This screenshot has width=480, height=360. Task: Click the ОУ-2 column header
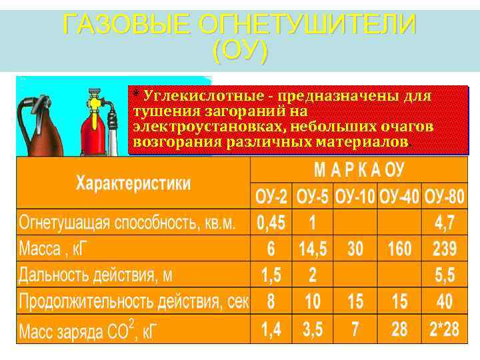[x=271, y=198]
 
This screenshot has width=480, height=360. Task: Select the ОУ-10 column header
[x=355, y=198]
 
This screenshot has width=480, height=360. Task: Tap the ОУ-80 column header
[x=444, y=198]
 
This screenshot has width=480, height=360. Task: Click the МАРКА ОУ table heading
[x=360, y=171]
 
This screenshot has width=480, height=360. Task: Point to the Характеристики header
[x=133, y=183]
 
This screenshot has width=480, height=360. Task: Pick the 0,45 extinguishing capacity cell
[x=271, y=222]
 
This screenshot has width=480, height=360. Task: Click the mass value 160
[x=399, y=249]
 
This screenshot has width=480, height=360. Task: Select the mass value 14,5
[x=313, y=249]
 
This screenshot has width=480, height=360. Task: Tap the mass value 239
[x=444, y=249]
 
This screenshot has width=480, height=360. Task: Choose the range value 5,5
[x=444, y=275]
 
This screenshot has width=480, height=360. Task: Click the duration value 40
[x=444, y=301]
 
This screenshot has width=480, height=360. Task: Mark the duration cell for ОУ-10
[x=355, y=301]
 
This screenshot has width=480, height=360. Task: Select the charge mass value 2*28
[x=444, y=329]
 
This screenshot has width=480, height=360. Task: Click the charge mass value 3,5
[x=313, y=329]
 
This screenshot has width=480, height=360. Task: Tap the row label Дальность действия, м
[x=95, y=275]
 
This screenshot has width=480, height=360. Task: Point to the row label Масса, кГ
[x=57, y=249]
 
